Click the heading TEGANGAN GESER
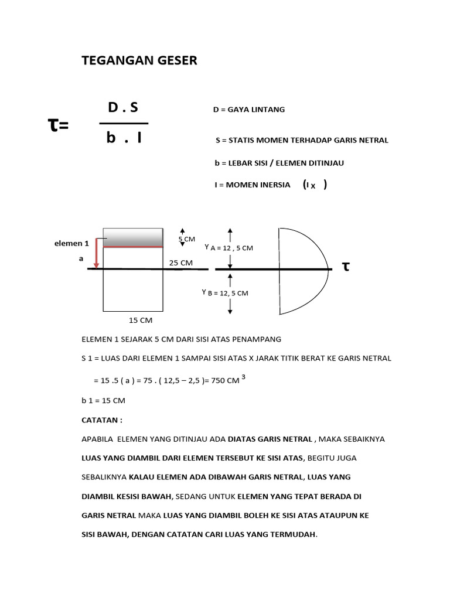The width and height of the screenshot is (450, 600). [x=139, y=60]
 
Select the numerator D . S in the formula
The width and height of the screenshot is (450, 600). [x=123, y=108]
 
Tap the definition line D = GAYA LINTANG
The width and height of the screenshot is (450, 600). [x=249, y=110]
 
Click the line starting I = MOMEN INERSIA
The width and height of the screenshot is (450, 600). [x=252, y=185]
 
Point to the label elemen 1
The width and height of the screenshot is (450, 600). [x=71, y=243]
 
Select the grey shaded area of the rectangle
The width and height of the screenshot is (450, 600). [x=133, y=237]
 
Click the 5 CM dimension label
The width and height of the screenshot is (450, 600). [x=186, y=239]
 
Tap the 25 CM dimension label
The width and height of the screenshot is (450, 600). [x=180, y=262]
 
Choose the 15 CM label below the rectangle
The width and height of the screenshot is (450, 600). [x=141, y=320]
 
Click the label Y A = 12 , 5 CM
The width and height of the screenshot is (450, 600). [x=229, y=248]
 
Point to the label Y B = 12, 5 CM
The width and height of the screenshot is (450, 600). [x=225, y=292]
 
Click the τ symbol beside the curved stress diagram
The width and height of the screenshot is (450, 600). [x=346, y=267]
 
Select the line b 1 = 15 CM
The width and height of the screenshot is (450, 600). [x=104, y=401]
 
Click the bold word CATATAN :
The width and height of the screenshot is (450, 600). [x=102, y=420]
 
